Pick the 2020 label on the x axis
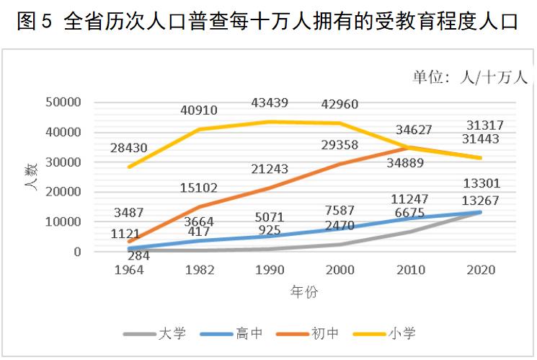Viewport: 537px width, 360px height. tap(481, 271)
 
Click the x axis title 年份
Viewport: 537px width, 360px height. tap(303, 292)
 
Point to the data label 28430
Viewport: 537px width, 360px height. tap(129, 148)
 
